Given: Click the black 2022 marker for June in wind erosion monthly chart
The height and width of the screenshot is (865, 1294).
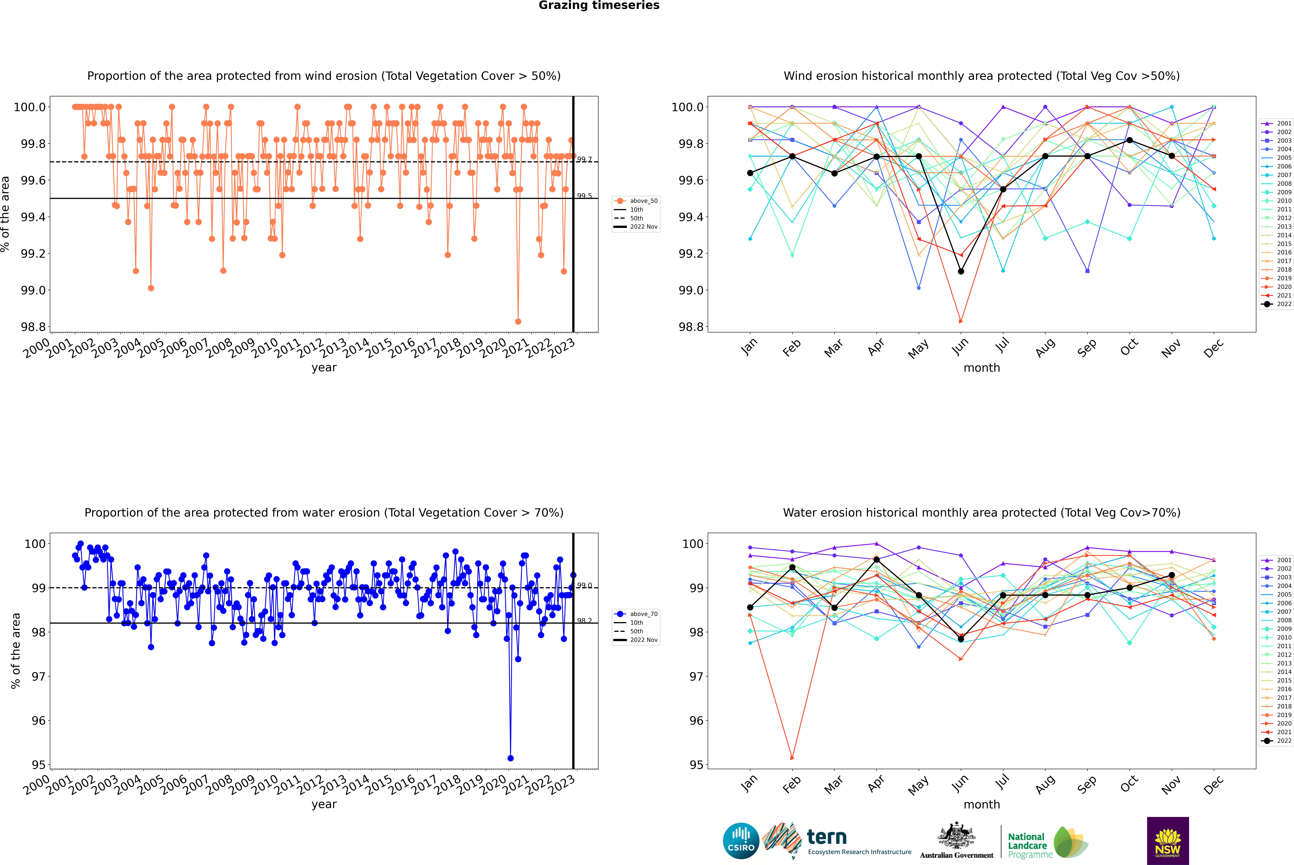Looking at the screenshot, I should click(x=961, y=271).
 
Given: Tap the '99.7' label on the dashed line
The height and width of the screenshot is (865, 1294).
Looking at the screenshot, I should click(x=584, y=159).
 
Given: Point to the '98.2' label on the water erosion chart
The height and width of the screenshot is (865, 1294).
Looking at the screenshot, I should click(x=584, y=621).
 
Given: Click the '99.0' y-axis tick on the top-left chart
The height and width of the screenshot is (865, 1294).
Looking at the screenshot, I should click(x=33, y=290).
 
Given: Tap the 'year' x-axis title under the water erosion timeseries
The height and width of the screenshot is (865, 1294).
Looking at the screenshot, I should click(x=324, y=804).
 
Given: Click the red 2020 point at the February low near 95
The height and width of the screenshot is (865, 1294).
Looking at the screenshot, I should click(x=792, y=758).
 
